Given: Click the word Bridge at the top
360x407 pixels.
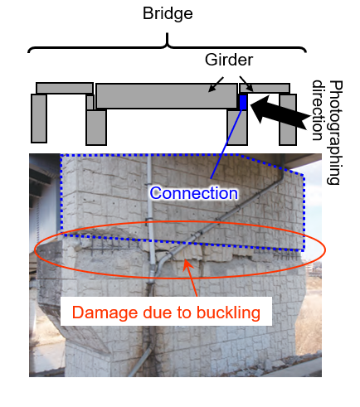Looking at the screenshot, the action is [x=168, y=14].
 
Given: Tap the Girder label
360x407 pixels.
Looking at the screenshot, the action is [x=229, y=60].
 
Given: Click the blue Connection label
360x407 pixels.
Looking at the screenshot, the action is [x=193, y=193].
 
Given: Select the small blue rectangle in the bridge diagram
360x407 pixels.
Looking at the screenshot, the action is [x=243, y=102].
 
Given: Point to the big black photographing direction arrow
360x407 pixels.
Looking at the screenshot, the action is [x=280, y=113].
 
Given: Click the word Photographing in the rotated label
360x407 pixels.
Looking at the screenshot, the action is [x=335, y=133].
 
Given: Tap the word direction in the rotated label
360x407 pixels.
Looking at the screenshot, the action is [x=318, y=110].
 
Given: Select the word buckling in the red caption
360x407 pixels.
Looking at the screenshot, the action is [x=228, y=313].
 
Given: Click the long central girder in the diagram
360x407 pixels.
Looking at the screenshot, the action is [x=166, y=96].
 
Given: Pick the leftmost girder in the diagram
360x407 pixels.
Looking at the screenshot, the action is [x=65, y=88].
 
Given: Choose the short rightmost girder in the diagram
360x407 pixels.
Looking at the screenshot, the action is [x=265, y=88].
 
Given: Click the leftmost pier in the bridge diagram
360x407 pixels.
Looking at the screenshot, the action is [x=39, y=119].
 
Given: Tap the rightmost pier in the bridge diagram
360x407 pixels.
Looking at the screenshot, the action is [x=288, y=119].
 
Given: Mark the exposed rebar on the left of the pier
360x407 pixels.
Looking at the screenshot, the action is [x=108, y=246].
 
